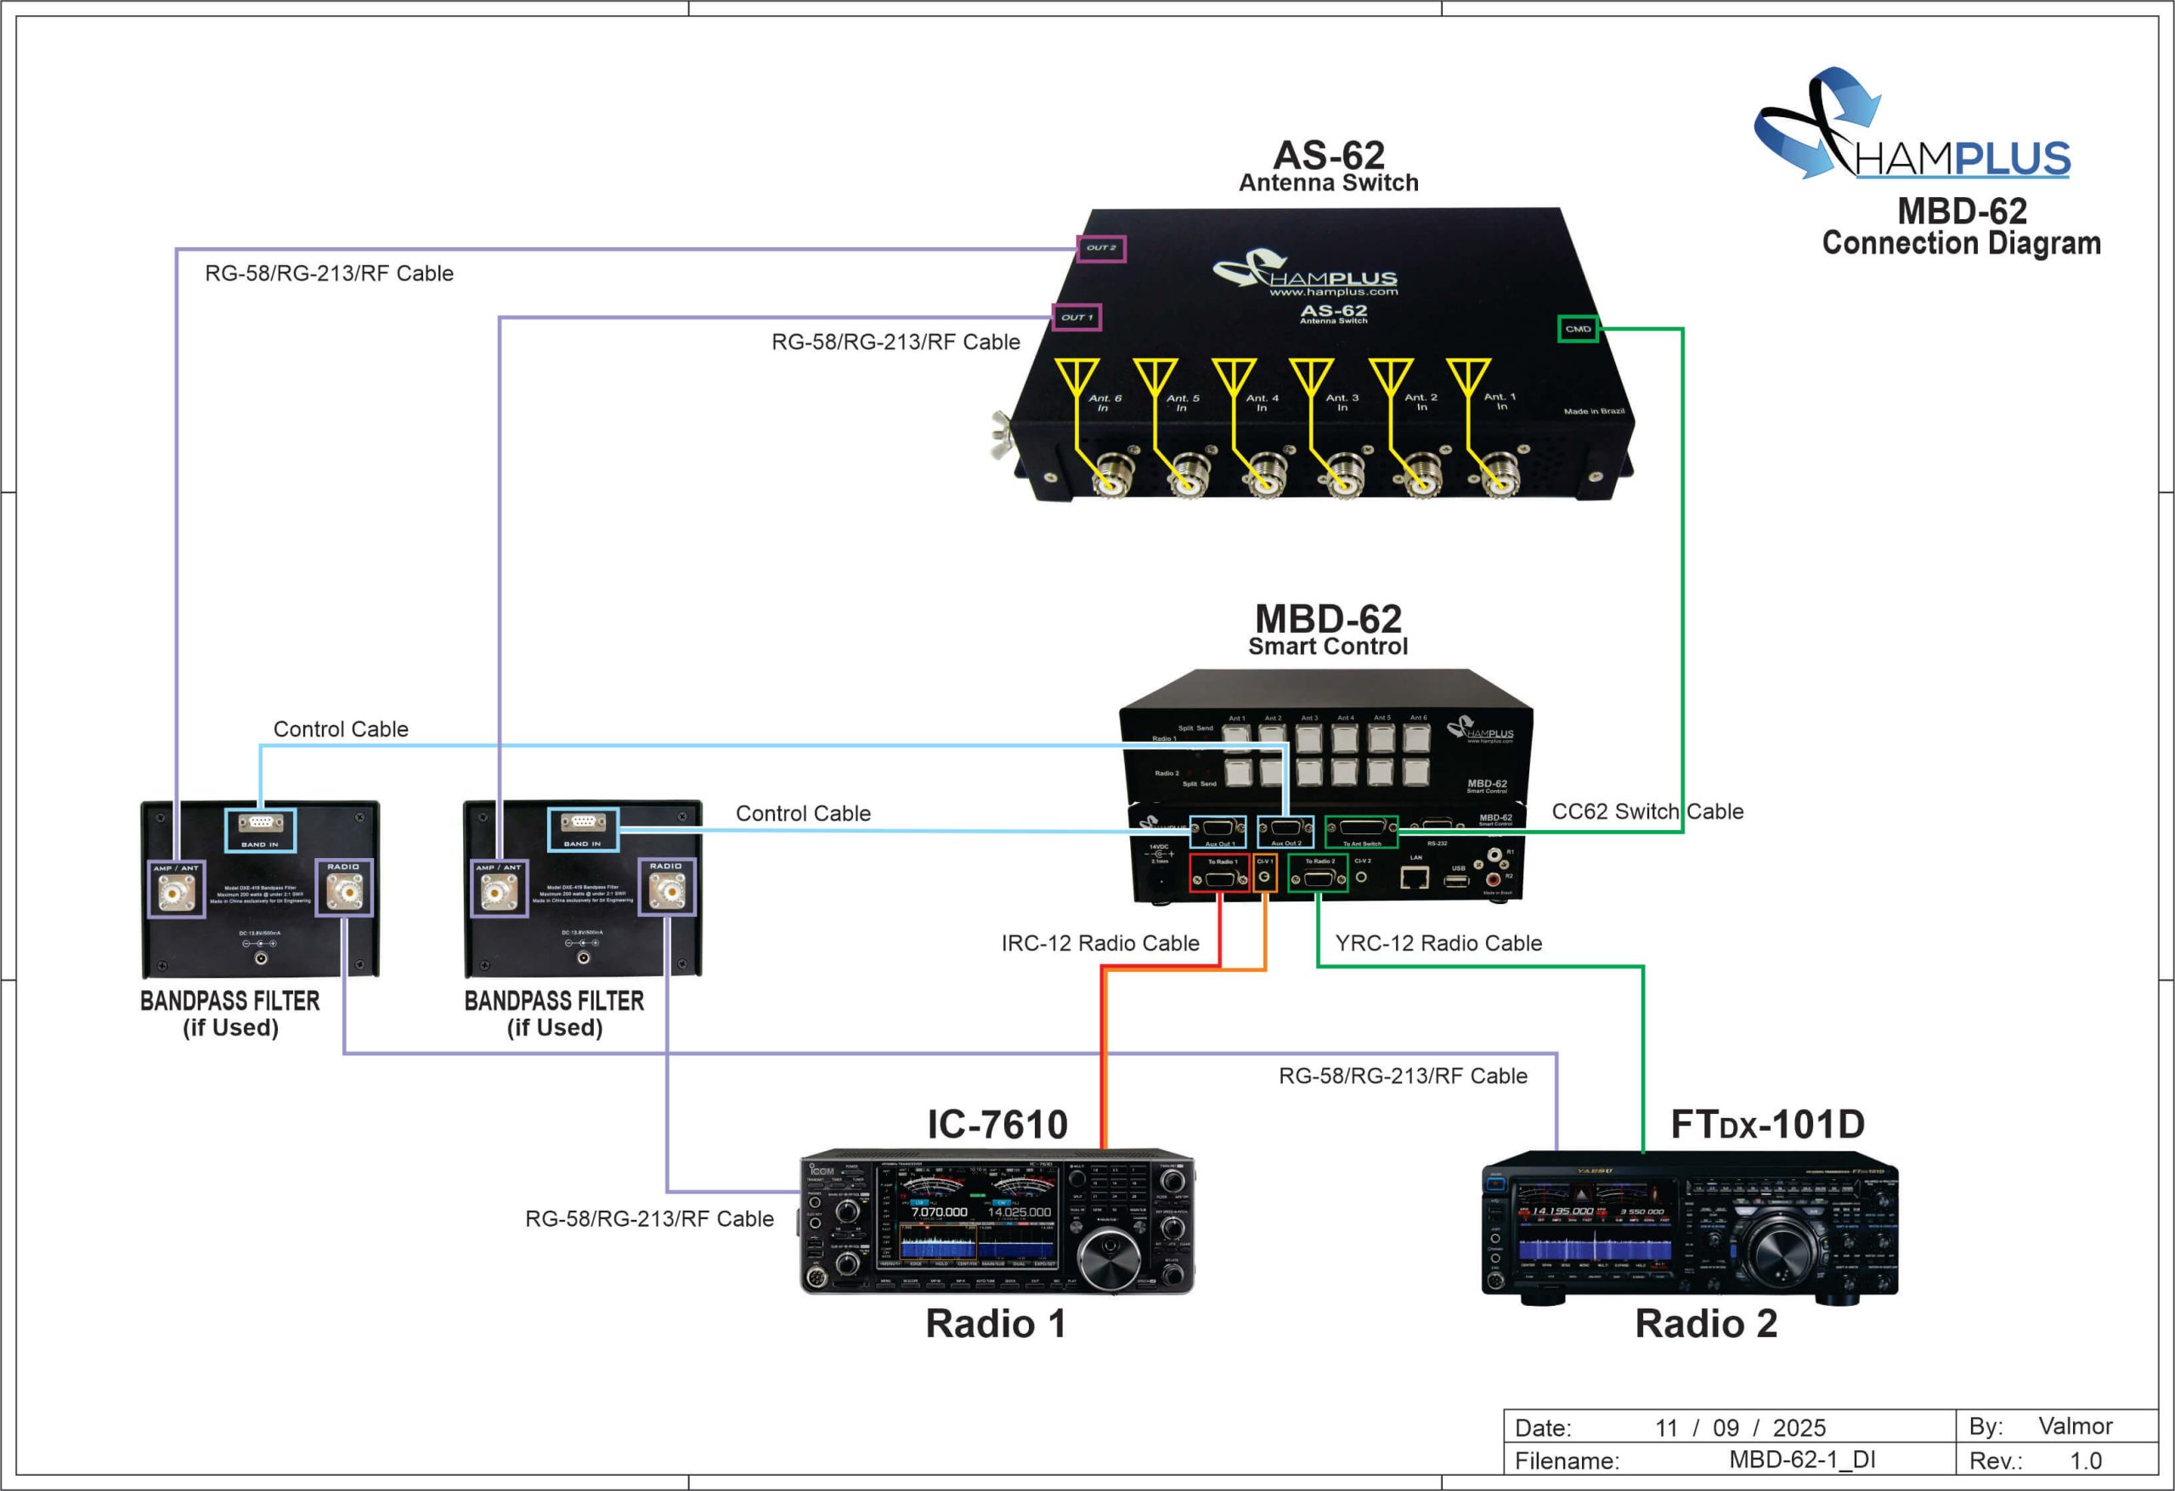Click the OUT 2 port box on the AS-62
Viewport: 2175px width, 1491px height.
pos(1100,249)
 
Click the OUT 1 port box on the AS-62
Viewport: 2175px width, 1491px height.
pos(1076,317)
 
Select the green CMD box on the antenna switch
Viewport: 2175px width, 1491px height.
pos(1578,329)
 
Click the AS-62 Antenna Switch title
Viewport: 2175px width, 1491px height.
pos(1329,166)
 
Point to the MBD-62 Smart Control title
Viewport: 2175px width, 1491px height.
pos(1328,629)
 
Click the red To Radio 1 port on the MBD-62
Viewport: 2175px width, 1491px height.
pos(1219,873)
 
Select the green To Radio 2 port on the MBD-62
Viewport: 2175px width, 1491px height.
pos(1318,873)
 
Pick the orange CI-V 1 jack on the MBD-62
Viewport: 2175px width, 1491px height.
pos(1264,873)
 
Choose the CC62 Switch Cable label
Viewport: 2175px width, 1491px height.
pos(1647,811)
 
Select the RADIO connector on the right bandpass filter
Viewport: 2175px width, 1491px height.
pos(666,886)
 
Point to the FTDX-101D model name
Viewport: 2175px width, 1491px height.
pos(1767,1124)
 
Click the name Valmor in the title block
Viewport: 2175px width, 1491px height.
pos(2075,1426)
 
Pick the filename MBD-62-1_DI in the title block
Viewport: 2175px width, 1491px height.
pos(1801,1460)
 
